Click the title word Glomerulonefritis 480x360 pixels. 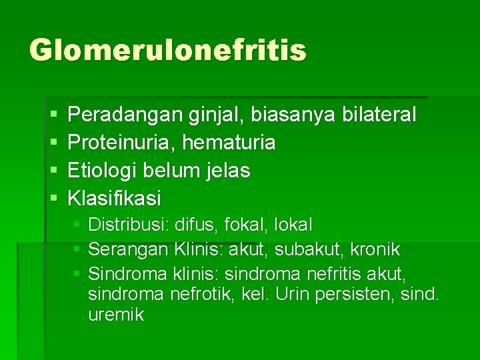167,51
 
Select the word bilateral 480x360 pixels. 378,115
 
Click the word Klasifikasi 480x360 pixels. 115,199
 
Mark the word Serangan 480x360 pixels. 129,249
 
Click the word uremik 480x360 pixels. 116,315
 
